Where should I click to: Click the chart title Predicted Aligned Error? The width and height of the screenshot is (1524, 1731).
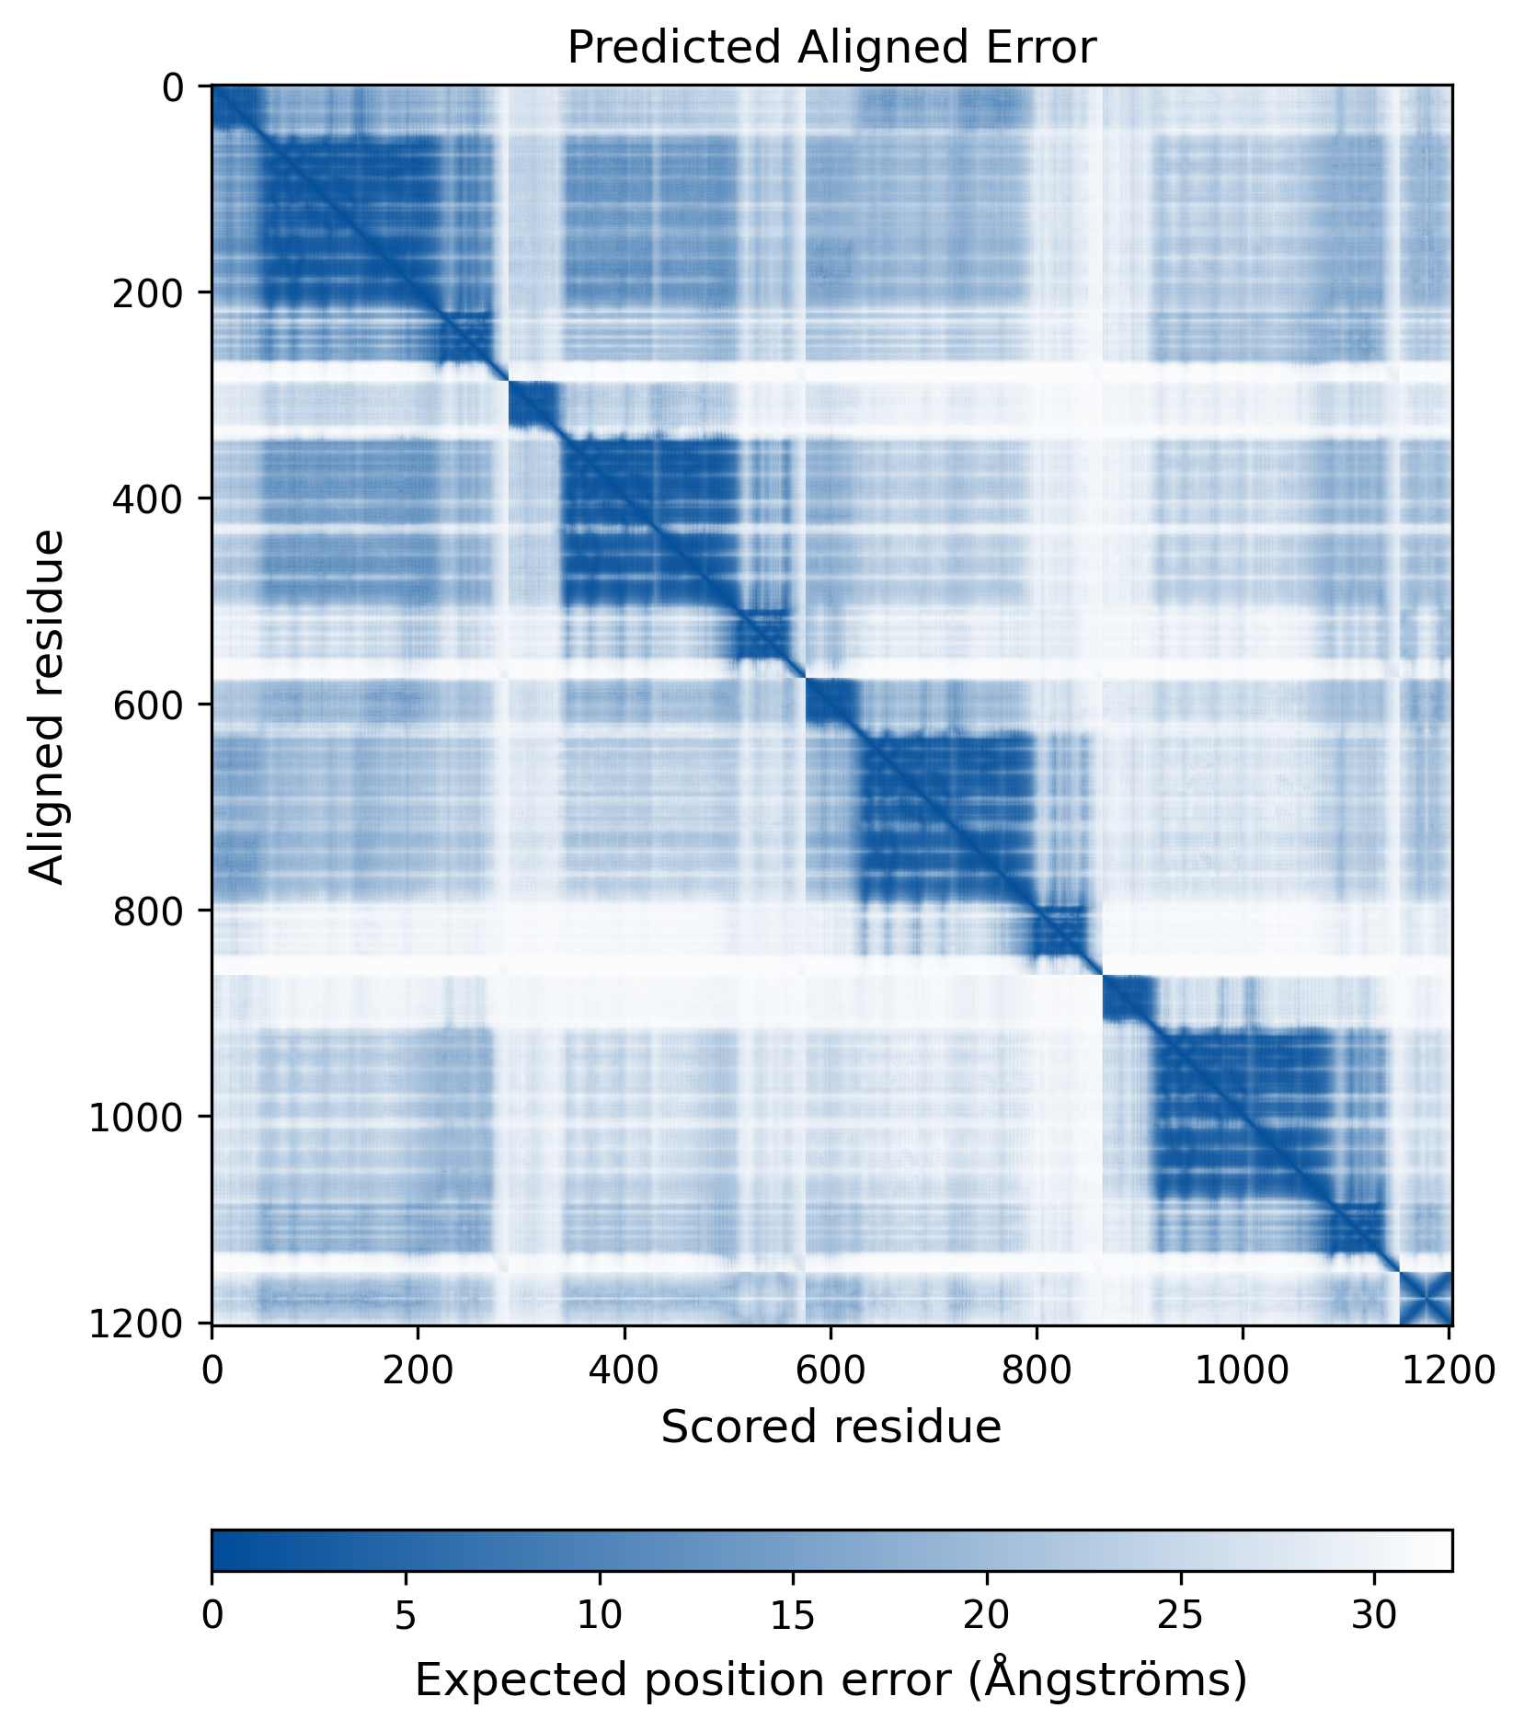pyautogui.click(x=831, y=48)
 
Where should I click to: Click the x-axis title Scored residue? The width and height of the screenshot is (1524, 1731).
pyautogui.click(x=831, y=1427)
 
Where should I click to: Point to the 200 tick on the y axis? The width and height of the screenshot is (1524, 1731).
pyautogui.click(x=147, y=292)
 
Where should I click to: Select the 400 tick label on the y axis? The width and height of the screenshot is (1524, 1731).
pyautogui.click(x=147, y=499)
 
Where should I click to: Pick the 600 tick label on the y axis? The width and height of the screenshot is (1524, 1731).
pyautogui.click(x=147, y=705)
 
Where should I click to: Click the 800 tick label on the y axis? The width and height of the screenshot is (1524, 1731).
pyautogui.click(x=147, y=911)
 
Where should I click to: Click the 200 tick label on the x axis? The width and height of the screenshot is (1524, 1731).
pyautogui.click(x=418, y=1370)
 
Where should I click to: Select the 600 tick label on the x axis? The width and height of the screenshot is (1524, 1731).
pyautogui.click(x=831, y=1370)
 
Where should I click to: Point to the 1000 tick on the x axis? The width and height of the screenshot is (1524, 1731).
pyautogui.click(x=1243, y=1370)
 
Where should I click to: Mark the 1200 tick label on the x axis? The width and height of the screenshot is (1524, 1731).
pyautogui.click(x=1449, y=1370)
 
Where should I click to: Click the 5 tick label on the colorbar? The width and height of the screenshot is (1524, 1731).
pyautogui.click(x=406, y=1615)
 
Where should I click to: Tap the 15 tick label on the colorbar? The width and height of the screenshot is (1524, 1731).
pyautogui.click(x=793, y=1615)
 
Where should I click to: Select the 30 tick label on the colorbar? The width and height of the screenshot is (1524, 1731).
pyautogui.click(x=1374, y=1615)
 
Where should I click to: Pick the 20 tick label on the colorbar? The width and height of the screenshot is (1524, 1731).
pyautogui.click(x=987, y=1615)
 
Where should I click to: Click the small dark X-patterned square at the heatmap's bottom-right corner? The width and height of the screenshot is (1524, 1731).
pyautogui.click(x=1425, y=1298)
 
